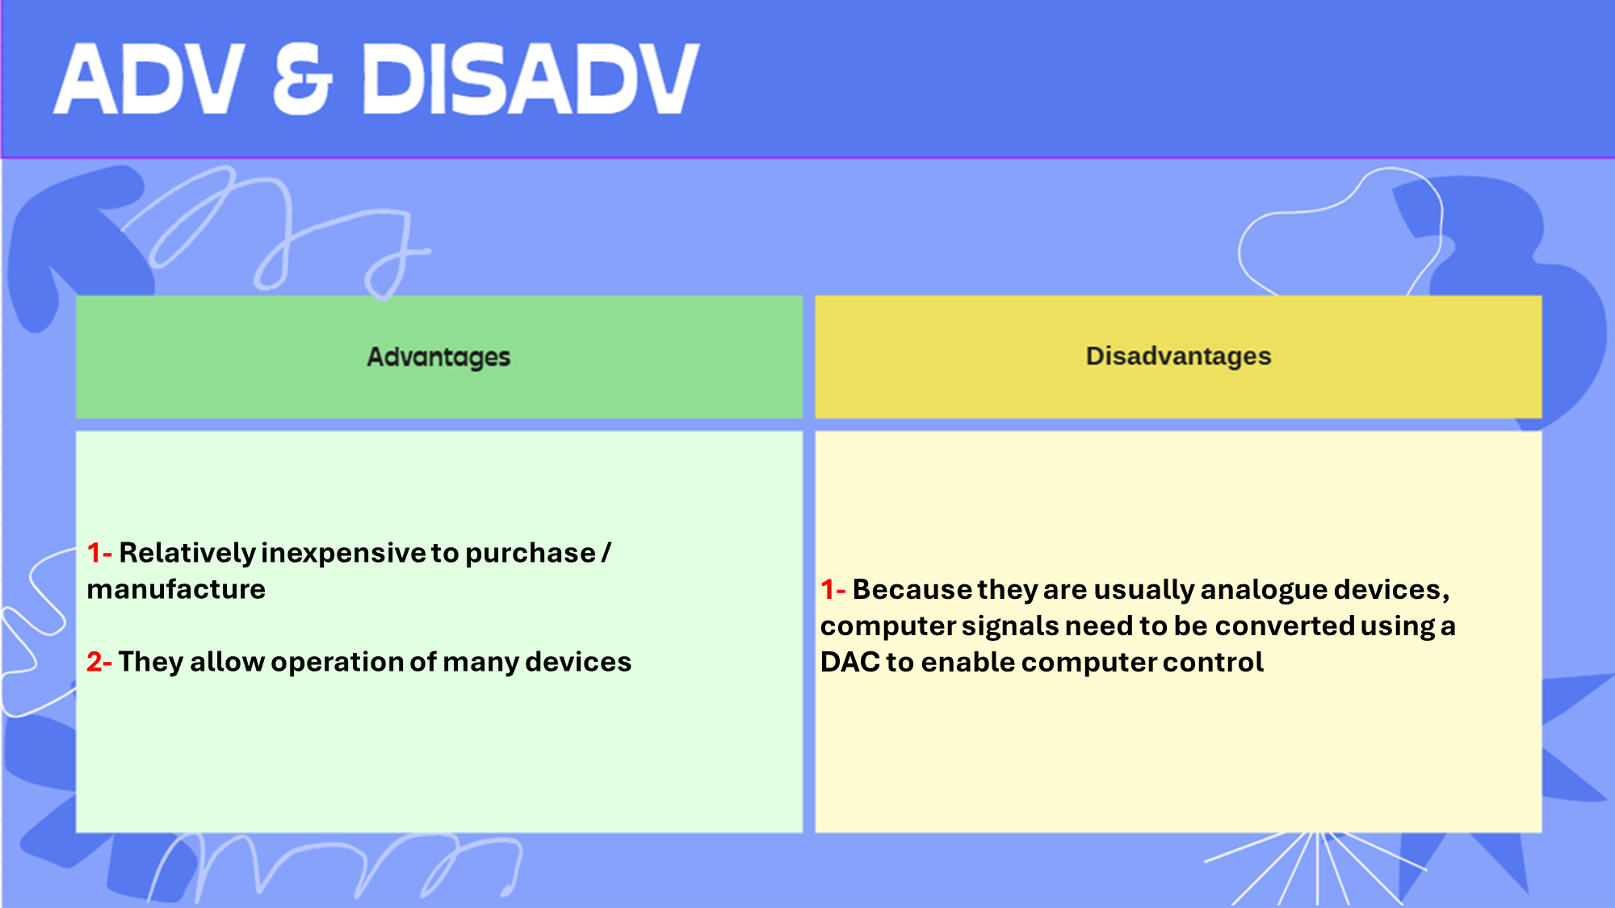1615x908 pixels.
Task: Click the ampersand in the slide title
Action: coord(303,78)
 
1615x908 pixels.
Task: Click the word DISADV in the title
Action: coord(531,78)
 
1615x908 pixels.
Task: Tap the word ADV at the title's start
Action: coord(149,78)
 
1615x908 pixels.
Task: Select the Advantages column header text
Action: coord(438,357)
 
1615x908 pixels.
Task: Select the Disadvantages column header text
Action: coord(1178,356)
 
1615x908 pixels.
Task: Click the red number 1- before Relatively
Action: coord(99,553)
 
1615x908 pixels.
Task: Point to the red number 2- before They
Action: coord(99,662)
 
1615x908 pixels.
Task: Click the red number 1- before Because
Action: coord(833,589)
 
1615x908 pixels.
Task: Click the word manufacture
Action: coord(176,589)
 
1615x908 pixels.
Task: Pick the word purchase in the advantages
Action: coord(531,554)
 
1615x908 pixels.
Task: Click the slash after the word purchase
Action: coord(606,553)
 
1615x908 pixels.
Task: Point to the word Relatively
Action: coord(187,554)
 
